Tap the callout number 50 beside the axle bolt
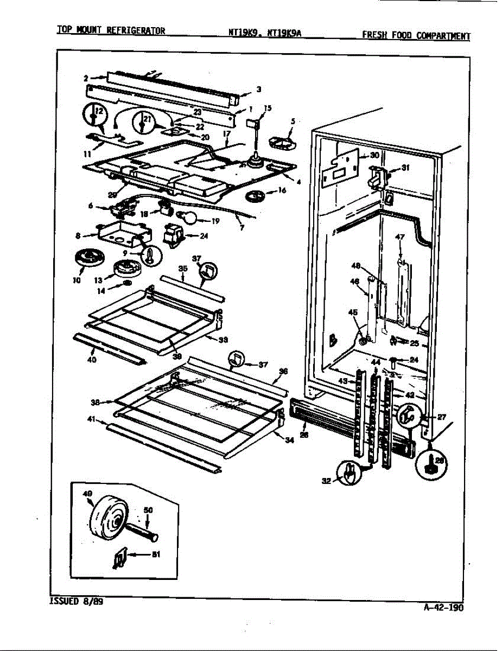click(148, 510)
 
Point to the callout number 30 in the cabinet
click(374, 155)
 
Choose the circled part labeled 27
click(410, 415)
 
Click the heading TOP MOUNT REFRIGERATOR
click(111, 30)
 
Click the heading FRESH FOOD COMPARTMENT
click(416, 36)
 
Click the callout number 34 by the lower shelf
click(289, 441)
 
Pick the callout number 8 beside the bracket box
click(80, 235)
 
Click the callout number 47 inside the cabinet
click(400, 237)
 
